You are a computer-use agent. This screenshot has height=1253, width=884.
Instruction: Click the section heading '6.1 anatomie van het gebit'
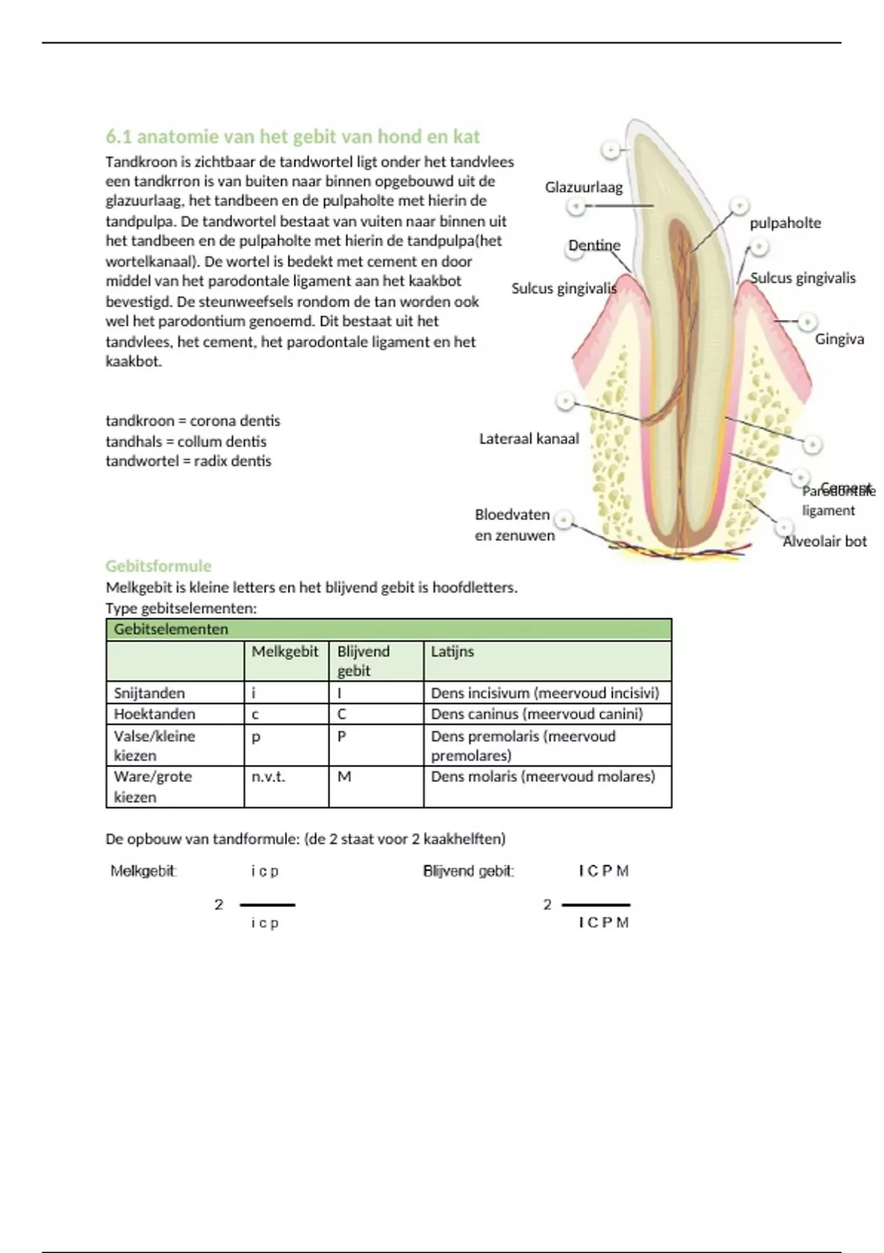(292, 137)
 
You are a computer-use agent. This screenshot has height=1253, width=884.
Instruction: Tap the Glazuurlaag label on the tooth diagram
(583, 187)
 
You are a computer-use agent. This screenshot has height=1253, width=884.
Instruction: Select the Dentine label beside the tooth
(594, 245)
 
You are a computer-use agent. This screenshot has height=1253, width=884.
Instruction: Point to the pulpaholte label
(785, 223)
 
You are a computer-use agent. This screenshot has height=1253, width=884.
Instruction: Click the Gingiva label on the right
(839, 339)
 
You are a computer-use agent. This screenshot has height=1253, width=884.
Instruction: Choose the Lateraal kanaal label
(529, 439)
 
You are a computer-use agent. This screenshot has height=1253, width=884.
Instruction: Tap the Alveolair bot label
(824, 541)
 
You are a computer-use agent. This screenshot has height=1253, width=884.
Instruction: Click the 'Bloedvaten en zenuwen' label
(513, 525)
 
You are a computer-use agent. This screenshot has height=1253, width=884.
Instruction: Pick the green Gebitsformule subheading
(158, 566)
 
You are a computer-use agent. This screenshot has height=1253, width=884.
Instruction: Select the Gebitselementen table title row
(388, 629)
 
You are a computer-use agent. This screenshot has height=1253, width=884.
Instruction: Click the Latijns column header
(452, 652)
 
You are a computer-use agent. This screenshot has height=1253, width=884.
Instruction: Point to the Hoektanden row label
(155, 713)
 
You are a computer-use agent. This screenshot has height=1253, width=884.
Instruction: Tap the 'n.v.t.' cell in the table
(268, 776)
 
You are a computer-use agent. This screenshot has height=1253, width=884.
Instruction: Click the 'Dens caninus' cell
(536, 713)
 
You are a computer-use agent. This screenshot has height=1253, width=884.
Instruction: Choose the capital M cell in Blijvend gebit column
(344, 776)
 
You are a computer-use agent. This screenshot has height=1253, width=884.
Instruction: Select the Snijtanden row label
(150, 693)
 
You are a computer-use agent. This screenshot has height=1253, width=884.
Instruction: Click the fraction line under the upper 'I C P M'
(596, 904)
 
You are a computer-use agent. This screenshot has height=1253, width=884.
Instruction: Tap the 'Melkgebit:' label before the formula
(144, 871)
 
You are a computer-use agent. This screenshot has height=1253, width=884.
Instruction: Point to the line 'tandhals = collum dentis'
(186, 441)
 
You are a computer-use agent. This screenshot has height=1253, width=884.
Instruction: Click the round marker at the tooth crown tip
(611, 150)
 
